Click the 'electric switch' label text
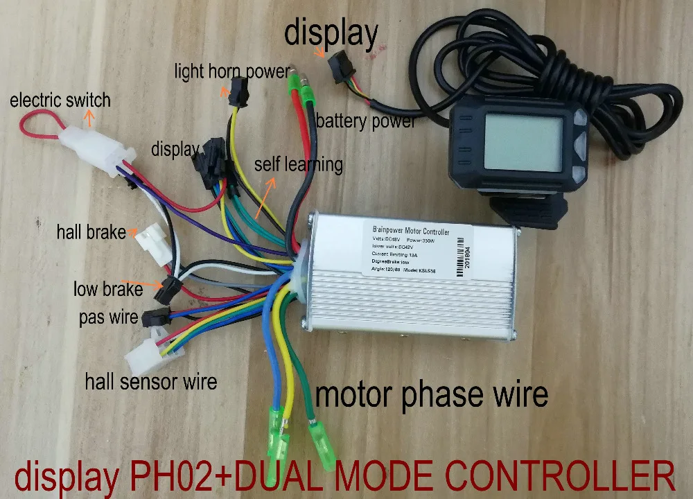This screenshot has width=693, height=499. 60,100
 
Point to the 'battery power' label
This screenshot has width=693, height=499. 365,121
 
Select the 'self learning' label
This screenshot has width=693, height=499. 298,165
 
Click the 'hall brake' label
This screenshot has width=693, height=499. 91,231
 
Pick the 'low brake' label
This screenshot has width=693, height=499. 108,289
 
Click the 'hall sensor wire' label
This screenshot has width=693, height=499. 150,381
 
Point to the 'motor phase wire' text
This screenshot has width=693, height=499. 431,395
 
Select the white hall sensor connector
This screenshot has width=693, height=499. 147,358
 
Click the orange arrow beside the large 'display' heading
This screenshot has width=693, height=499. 319,51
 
